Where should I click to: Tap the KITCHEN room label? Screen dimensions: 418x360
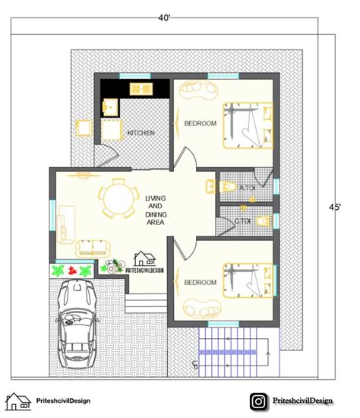pyautogui.click(x=141, y=133)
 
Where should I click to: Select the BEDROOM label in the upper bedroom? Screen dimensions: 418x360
pyautogui.click(x=201, y=123)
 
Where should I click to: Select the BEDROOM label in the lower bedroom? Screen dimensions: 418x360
pyautogui.click(x=201, y=283)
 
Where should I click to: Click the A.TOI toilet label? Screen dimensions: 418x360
pyautogui.click(x=247, y=188)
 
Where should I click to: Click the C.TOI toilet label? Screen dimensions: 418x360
pyautogui.click(x=242, y=221)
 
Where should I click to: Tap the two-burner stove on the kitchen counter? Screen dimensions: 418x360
pyautogui.click(x=142, y=88)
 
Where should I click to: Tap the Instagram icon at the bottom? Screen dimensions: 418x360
pyautogui.click(x=260, y=401)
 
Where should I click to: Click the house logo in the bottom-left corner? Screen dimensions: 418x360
pyautogui.click(x=18, y=401)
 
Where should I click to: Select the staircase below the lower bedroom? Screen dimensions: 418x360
pyautogui.click(x=235, y=350)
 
